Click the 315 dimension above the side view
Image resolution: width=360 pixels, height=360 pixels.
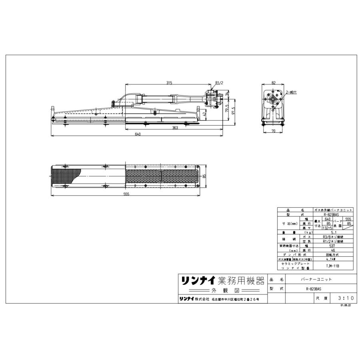[x=169, y=83]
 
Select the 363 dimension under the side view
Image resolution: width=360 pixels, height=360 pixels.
[x=175, y=128]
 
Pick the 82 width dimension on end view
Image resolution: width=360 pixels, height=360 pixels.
[x=273, y=83]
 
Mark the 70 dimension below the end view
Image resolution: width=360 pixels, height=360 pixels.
[x=273, y=131]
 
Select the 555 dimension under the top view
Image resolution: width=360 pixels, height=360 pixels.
[x=126, y=194]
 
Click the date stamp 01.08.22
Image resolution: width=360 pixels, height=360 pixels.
[x=345, y=305]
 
